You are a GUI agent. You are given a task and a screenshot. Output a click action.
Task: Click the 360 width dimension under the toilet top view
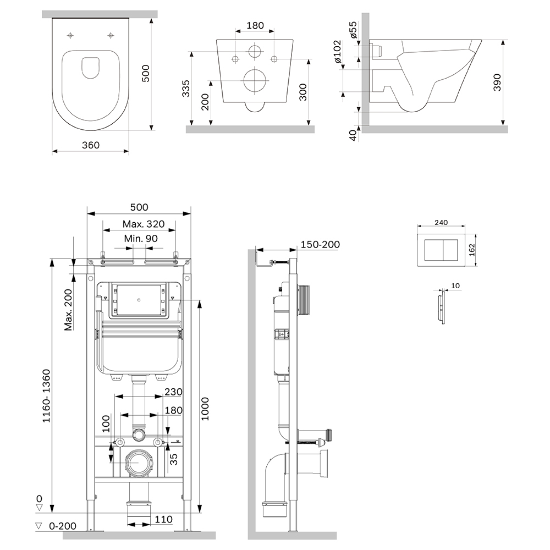[x=91, y=145]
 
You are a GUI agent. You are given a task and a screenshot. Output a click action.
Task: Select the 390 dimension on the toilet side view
[x=498, y=82]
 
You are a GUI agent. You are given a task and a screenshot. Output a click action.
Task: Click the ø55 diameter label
[x=354, y=30]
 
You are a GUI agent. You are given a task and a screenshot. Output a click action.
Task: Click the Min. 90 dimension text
[x=140, y=239]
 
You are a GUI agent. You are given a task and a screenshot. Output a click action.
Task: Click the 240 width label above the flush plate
[x=441, y=223]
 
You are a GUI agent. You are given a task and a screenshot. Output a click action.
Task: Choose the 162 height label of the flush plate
[x=471, y=251]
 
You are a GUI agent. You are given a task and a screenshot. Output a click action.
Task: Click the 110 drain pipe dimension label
[x=163, y=519]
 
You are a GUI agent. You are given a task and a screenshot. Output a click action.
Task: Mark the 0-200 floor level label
[x=63, y=526]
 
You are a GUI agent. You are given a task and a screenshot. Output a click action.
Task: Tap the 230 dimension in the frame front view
[x=174, y=392]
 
